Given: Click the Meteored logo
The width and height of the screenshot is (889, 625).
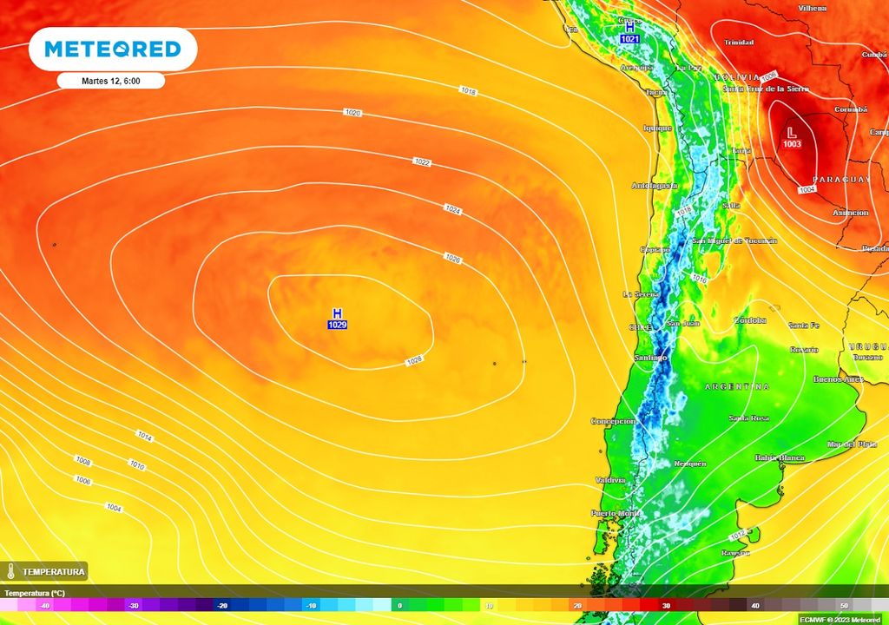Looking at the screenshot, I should coord(113,49).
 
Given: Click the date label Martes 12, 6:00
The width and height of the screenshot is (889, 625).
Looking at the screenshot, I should coord(111,81).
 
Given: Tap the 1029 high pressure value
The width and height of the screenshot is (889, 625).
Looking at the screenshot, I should coord(338,325).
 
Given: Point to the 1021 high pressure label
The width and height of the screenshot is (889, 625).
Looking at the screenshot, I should coord(629,39).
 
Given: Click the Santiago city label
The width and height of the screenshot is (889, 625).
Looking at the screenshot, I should coord(650,358).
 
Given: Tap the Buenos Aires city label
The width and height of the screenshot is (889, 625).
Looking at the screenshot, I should coord(838,379).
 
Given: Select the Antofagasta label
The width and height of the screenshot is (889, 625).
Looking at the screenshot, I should coord(654,186).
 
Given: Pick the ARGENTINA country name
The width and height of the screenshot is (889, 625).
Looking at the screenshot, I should coord(737,386).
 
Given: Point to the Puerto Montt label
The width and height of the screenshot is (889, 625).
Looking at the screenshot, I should coord(615,513).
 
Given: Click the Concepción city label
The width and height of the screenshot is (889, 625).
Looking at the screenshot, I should coord(614,421).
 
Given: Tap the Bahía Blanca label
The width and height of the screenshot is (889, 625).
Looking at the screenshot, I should coord(779,457).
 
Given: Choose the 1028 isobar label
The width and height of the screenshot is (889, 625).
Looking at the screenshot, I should coord(414,360).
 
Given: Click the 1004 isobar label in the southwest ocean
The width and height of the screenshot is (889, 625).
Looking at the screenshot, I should coord(114,507).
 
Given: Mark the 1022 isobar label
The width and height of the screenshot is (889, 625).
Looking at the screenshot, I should coord(422,162).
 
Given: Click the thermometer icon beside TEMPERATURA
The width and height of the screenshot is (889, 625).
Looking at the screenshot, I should coord(10,571).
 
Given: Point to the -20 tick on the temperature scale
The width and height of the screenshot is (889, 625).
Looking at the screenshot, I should coord(222,605).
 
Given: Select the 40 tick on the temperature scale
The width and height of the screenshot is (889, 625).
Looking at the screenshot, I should coord(755,605).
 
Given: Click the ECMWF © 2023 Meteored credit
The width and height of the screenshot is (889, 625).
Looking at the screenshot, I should coord(840,619).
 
